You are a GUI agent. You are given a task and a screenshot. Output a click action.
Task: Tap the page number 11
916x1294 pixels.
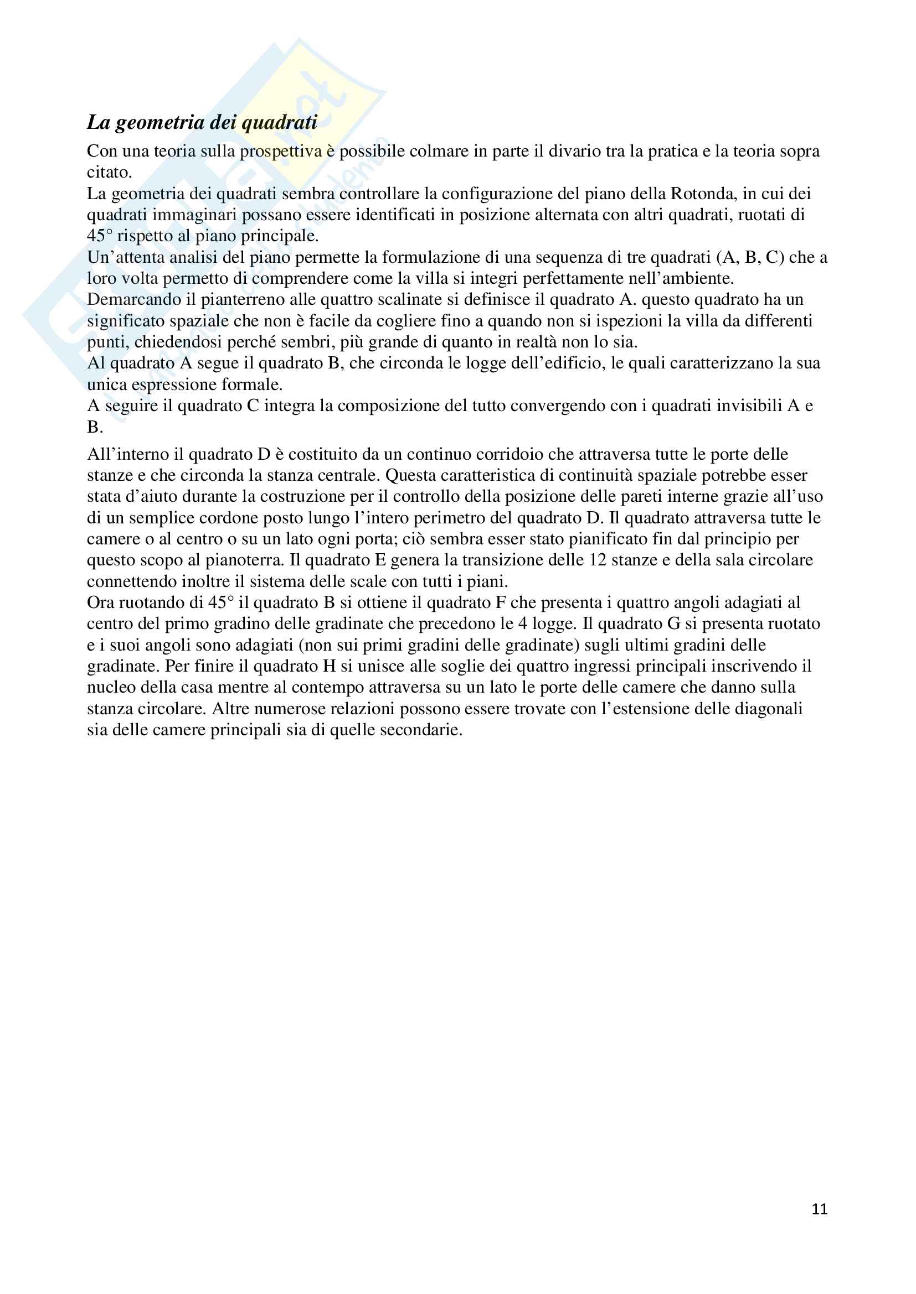tap(820, 1209)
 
